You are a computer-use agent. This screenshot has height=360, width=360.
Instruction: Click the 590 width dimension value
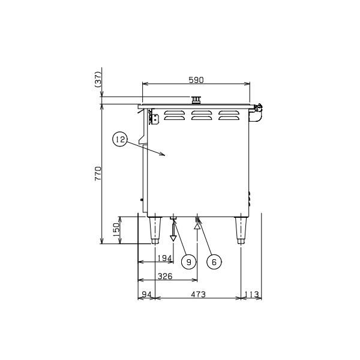196,80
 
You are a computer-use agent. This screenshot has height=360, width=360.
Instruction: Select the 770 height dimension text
98,173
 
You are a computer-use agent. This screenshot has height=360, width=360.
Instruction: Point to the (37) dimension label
98,79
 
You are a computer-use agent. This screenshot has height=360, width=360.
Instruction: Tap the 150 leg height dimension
116,230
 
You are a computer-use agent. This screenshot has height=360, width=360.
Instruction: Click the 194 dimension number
164,258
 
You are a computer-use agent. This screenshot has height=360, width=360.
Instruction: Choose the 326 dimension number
165,276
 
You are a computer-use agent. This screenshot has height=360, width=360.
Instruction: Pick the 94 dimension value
146,294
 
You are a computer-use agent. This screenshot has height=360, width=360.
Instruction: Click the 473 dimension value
198,294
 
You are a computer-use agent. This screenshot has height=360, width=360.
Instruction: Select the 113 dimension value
251,294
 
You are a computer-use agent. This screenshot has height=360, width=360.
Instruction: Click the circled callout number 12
120,139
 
